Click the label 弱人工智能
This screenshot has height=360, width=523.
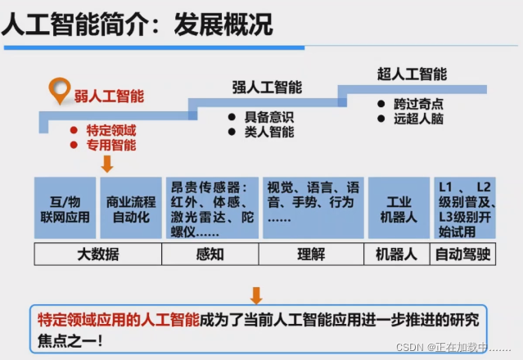click(x=109, y=96)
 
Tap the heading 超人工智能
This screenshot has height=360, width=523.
click(x=412, y=74)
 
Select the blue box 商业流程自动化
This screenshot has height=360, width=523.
click(x=130, y=208)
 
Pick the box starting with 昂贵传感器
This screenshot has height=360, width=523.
click(x=211, y=208)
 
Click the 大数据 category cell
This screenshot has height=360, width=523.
click(x=98, y=254)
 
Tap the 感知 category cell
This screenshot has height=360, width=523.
click(x=211, y=254)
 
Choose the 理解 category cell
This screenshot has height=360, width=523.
click(x=312, y=254)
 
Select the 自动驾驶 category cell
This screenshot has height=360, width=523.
click(x=462, y=254)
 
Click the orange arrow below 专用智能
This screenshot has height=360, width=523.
click(x=107, y=164)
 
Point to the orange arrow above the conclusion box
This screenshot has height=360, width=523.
click(x=256, y=295)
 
